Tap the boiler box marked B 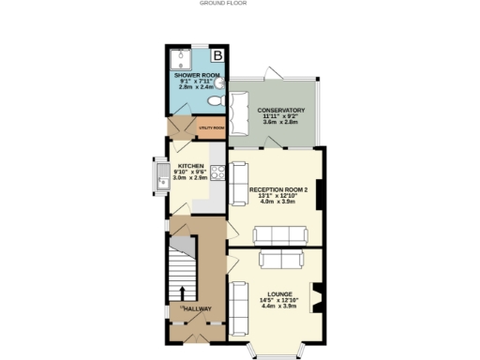click(217, 54)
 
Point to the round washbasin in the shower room click(217, 82)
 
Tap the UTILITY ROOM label click(211, 127)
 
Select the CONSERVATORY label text click(281, 111)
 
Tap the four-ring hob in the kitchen click(216, 172)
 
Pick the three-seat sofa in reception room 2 click(278, 234)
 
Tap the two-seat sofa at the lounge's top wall click(282, 259)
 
